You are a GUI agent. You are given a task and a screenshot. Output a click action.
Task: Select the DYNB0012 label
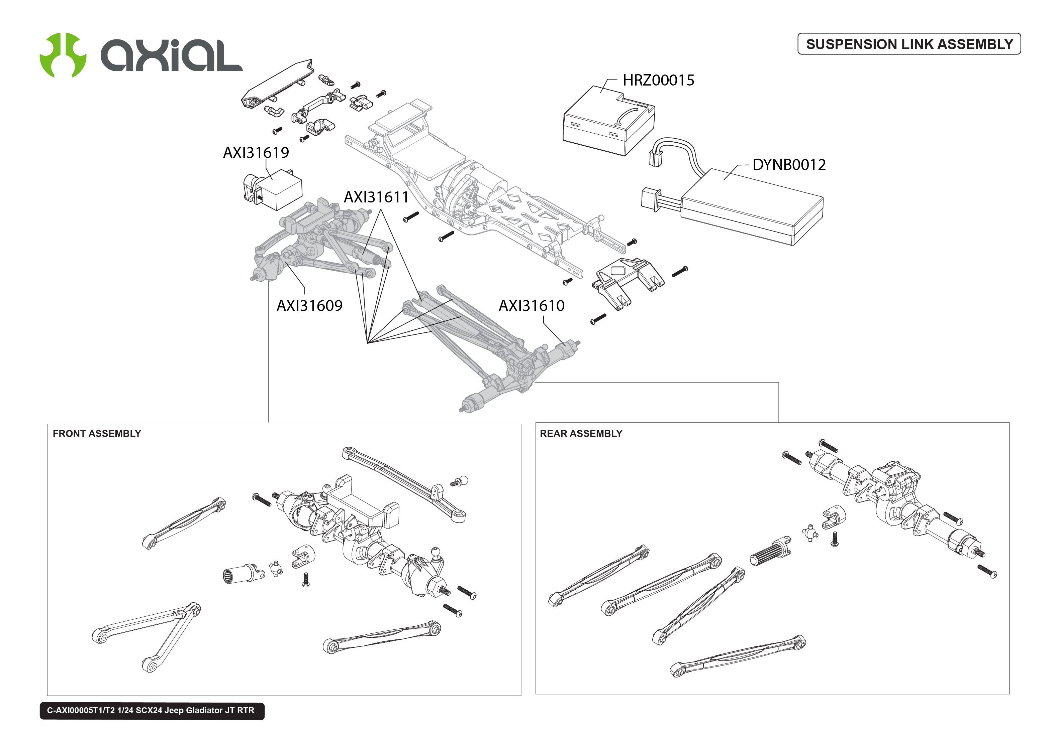[x=788, y=164]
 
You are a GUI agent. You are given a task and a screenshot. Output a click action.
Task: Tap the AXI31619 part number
[x=256, y=152]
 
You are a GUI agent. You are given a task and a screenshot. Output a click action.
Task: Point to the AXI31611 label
[x=376, y=197]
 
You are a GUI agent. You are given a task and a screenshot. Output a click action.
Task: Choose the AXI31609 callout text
[x=309, y=306]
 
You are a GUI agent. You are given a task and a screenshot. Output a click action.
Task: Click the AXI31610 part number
[x=531, y=306]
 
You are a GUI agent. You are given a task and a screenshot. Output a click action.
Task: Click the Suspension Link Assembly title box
[x=908, y=44]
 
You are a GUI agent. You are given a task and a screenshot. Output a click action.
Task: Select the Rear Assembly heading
[x=580, y=433]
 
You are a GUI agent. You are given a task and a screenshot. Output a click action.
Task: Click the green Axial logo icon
[x=63, y=55]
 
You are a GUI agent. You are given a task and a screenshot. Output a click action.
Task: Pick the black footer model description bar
[x=152, y=710]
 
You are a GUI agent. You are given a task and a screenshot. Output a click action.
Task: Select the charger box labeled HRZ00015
[x=607, y=120]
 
